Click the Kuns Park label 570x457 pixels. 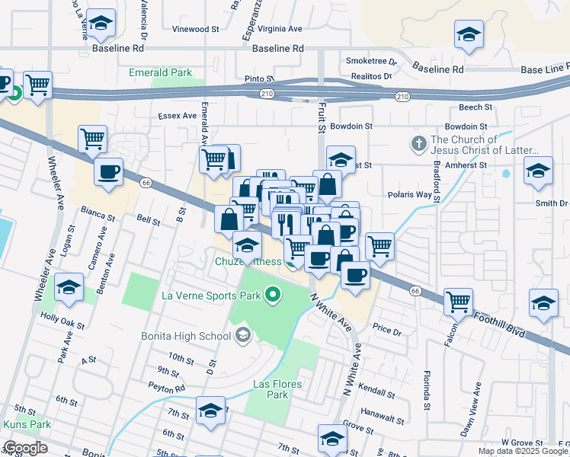(x=27, y=423)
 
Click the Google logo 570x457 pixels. (x=25, y=448)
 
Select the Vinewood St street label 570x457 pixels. (x=196, y=29)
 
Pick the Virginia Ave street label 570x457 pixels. (x=280, y=29)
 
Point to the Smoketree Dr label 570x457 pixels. (x=371, y=61)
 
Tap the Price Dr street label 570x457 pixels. (x=387, y=331)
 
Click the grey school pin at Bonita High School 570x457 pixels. (x=242, y=334)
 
